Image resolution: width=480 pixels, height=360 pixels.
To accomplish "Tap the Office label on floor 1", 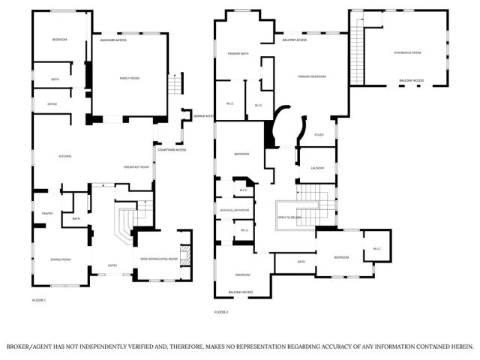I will pyautogui.click(x=52, y=103).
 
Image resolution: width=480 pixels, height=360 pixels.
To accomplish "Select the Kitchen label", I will pyautogui.click(x=65, y=156).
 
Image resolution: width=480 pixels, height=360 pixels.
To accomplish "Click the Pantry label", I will pyautogui.click(x=46, y=213).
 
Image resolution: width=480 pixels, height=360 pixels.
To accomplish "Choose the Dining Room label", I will pyautogui.click(x=61, y=259).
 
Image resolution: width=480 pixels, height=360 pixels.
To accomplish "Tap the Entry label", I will pyautogui.click(x=112, y=265).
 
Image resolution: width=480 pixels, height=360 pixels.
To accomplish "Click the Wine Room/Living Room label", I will pyautogui.click(x=159, y=259).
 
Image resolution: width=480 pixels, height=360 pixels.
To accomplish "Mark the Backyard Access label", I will pyautogui.click(x=113, y=40).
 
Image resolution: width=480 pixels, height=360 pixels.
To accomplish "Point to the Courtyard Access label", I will pyautogui.click(x=172, y=150).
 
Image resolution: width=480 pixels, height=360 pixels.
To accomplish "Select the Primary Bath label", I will pyautogui.click(x=238, y=54).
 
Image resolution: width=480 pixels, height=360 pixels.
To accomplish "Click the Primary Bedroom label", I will pyautogui.click(x=313, y=76).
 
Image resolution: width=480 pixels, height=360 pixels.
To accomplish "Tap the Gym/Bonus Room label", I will pyautogui.click(x=407, y=52).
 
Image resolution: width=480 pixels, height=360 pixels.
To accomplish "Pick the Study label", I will pyautogui.click(x=319, y=135).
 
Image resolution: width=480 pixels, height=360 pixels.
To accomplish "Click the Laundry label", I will pyautogui.click(x=317, y=168).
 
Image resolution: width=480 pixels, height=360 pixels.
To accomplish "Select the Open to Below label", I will pyautogui.click(x=289, y=217).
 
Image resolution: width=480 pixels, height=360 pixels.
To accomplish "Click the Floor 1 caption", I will pyautogui.click(x=39, y=301).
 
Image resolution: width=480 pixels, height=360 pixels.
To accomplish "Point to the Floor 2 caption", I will pyautogui.click(x=221, y=311).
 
